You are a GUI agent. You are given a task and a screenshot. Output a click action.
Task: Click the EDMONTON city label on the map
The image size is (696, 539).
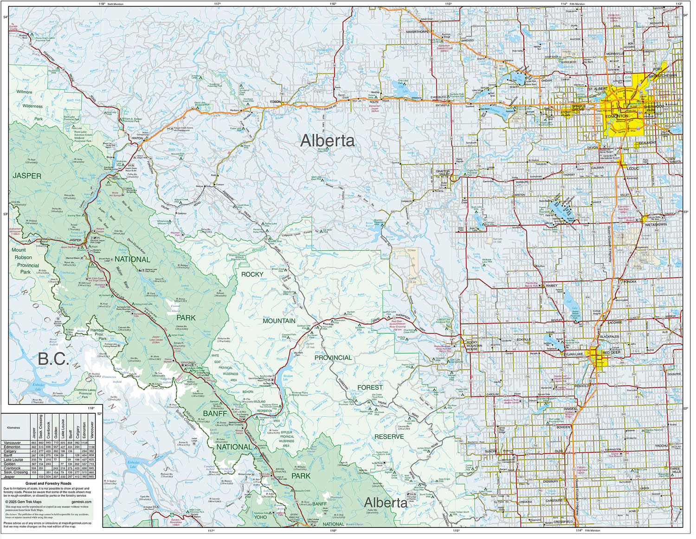[617, 116]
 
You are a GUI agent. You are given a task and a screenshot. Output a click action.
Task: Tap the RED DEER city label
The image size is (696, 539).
[611, 353]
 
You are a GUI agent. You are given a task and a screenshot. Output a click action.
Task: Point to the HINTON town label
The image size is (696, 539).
[137, 138]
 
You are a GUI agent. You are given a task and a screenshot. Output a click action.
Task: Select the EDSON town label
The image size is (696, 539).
[276, 102]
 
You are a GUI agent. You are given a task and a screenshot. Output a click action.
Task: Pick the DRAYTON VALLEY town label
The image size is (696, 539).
[443, 173]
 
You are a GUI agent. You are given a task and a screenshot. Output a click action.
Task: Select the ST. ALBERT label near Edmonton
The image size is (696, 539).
[598, 89]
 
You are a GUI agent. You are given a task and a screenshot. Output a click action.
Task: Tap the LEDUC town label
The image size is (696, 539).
[633, 169]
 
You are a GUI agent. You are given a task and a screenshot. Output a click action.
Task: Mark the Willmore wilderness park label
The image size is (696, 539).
[24, 92]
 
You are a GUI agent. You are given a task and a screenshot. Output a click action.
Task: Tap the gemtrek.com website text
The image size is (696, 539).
[82, 502]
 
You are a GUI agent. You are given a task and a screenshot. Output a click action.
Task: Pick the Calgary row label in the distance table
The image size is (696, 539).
[10, 451]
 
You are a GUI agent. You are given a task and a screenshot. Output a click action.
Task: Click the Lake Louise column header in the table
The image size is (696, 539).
[63, 428]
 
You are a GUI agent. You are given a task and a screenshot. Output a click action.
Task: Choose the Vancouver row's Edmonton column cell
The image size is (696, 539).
[84, 443]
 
